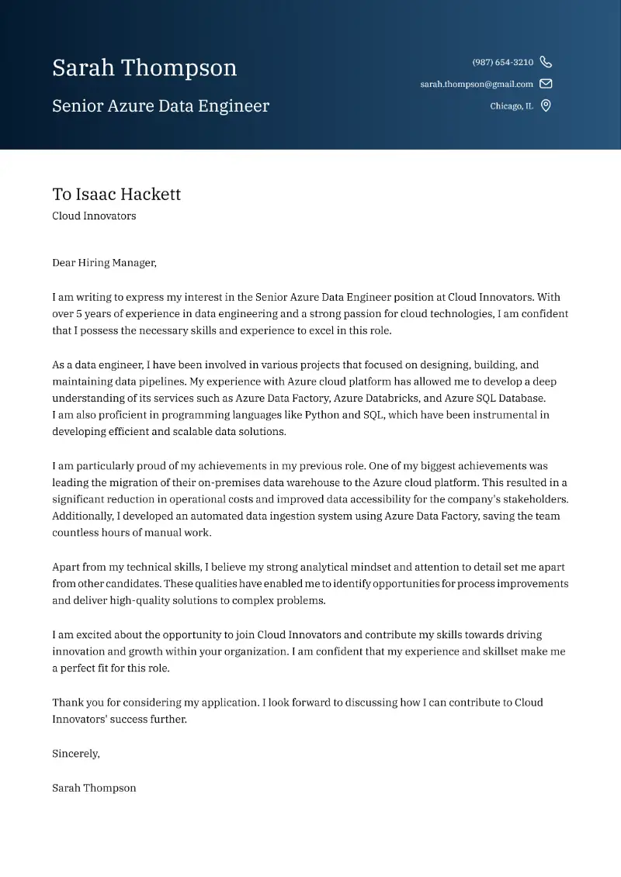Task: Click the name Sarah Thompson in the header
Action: (144, 68)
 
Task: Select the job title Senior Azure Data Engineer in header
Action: (161, 106)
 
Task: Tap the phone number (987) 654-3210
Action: (502, 62)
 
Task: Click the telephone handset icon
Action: (546, 62)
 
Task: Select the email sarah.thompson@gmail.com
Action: (477, 84)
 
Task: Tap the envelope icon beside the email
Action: (546, 84)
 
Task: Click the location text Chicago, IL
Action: (512, 106)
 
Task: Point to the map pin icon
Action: (546, 106)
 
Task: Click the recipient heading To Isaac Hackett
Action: (116, 194)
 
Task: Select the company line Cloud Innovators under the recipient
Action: (94, 216)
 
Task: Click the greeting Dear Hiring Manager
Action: (104, 263)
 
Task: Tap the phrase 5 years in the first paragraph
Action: (94, 314)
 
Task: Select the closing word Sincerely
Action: (75, 753)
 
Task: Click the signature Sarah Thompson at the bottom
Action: (94, 788)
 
